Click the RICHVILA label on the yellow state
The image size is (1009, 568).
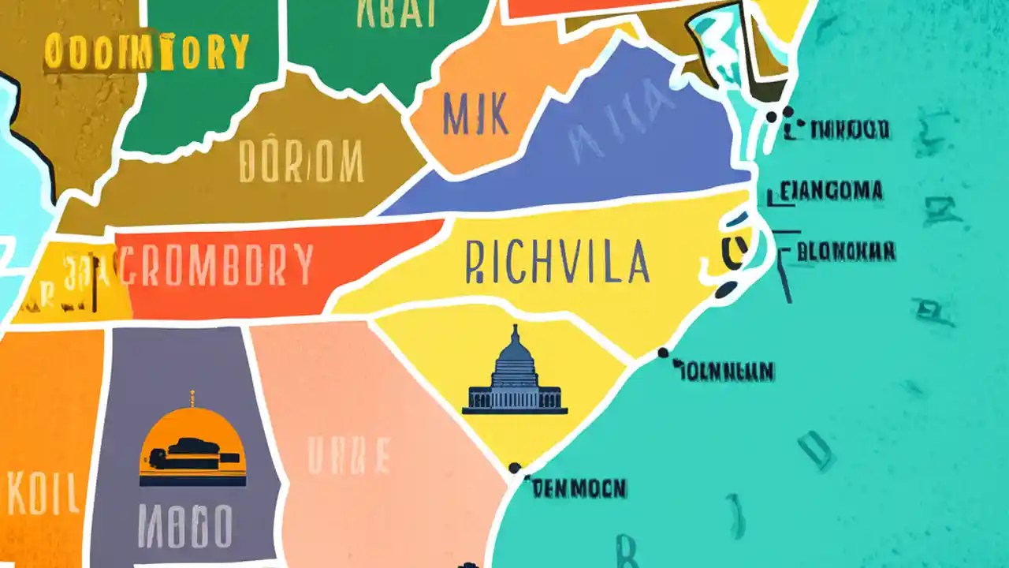point(558,263)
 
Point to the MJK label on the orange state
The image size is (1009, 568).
point(475,114)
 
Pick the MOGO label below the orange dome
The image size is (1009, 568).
point(185,526)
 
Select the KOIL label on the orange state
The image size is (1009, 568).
point(43,494)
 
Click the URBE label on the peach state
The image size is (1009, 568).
point(348,456)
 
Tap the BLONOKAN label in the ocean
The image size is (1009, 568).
point(845,252)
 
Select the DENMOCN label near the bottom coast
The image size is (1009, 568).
point(579,489)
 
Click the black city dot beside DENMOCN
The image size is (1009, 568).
point(515,468)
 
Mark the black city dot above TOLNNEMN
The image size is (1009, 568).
point(663,353)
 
